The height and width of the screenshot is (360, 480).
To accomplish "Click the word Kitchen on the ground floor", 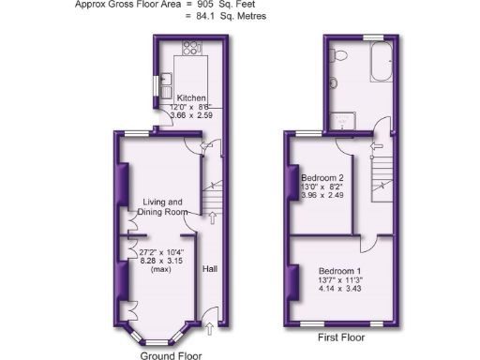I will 192,97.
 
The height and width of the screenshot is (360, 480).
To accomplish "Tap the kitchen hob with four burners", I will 192,47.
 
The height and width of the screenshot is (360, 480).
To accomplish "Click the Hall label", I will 210,269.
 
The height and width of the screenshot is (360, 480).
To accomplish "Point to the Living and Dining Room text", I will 162,208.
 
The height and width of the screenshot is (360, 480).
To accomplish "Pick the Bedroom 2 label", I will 322,177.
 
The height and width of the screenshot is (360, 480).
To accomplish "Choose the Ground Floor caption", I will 171,355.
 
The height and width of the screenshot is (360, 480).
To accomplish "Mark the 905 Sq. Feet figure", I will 222,5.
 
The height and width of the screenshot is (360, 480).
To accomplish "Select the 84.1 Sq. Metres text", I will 229,15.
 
